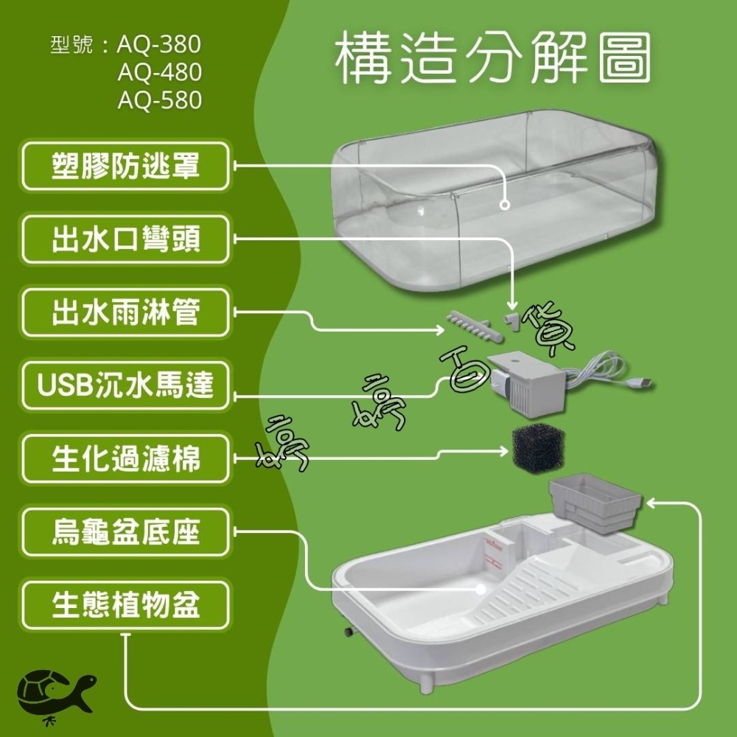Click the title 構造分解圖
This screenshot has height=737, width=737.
[x=493, y=57]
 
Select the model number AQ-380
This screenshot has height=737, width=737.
[x=159, y=45]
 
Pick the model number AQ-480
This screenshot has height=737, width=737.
[x=160, y=72]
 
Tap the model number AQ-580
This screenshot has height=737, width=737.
[x=160, y=100]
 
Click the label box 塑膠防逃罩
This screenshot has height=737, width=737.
[x=125, y=166]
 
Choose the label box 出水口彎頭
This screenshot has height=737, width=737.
[x=125, y=240]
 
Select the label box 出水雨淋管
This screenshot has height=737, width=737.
[x=125, y=312]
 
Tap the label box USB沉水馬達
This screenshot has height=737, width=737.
[x=125, y=385]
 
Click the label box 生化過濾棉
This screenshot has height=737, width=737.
[x=125, y=458]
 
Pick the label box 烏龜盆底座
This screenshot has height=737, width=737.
[x=125, y=532]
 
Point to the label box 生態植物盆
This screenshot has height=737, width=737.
[x=125, y=605]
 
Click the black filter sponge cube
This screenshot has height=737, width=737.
[x=538, y=449]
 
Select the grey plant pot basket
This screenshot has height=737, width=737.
[x=595, y=503]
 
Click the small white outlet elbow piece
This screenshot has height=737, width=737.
[x=512, y=321]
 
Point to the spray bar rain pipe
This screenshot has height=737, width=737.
[x=474, y=325]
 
